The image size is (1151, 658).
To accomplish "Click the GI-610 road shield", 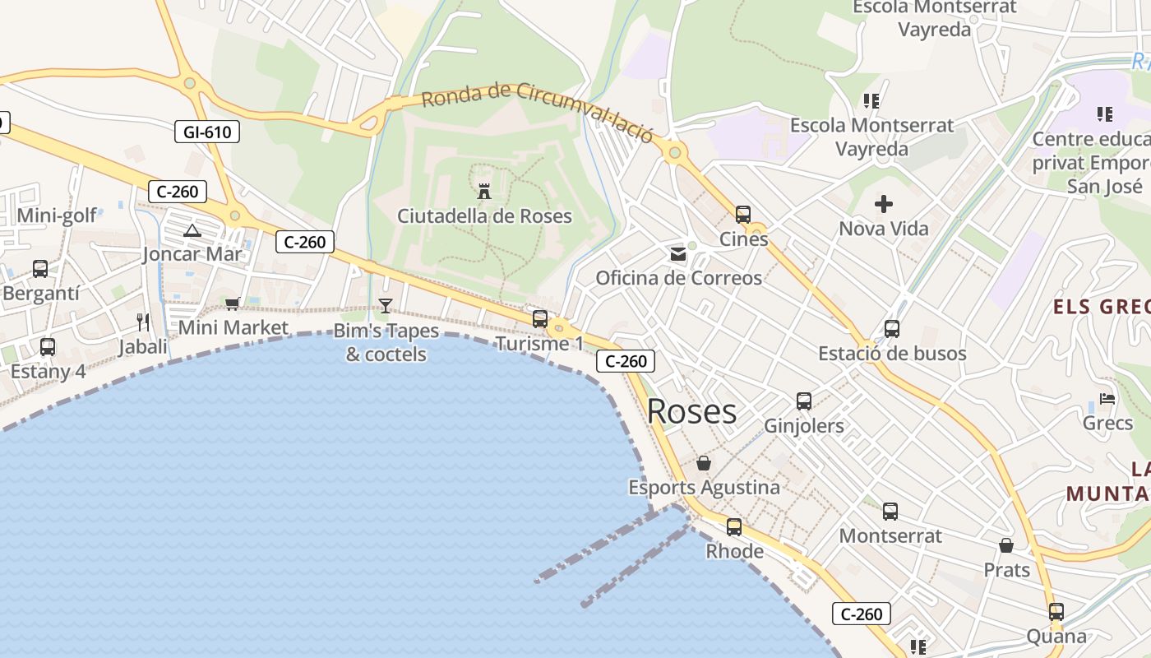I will click(207, 132).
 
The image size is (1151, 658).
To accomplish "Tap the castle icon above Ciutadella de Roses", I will click(484, 192).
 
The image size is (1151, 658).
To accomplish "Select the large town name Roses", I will click(691, 411).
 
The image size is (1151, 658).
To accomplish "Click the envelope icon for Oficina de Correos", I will click(678, 254).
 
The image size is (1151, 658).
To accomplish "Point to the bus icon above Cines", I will click(743, 215).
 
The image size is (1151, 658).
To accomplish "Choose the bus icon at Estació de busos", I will click(892, 329).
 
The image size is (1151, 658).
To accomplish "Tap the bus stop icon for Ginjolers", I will click(804, 401).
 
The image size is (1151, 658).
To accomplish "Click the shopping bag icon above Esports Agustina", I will click(704, 464).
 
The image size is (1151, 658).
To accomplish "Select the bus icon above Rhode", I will click(734, 527).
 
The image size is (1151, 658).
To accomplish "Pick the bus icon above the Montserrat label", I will click(890, 512).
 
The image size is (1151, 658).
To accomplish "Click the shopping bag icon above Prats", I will click(1006, 545).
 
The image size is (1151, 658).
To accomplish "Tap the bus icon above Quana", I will click(1056, 612).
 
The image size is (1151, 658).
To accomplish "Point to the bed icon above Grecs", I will click(1107, 400).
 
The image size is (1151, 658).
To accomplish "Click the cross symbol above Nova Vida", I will click(884, 204).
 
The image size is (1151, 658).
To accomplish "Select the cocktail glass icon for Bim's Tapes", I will click(386, 306).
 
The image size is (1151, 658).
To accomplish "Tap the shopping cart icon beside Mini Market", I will click(233, 304).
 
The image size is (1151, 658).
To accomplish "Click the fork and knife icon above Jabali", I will click(143, 322).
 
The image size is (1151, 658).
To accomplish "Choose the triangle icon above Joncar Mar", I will click(192, 231).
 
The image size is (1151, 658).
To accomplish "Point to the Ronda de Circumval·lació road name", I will click(538, 112).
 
